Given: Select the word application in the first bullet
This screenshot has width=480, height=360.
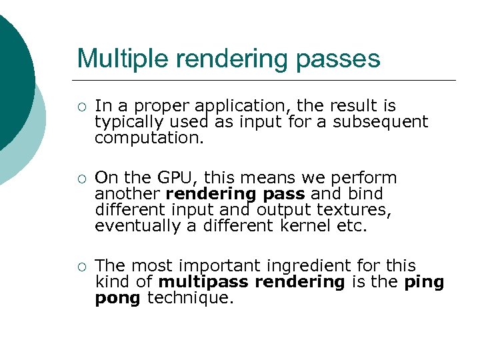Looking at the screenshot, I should (x=241, y=106).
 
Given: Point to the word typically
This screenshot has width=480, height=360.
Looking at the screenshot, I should (x=127, y=122).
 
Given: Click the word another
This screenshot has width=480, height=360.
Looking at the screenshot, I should (x=127, y=194).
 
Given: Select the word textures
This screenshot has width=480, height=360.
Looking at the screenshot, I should (x=359, y=210).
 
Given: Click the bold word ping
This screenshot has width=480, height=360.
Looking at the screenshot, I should (x=424, y=282).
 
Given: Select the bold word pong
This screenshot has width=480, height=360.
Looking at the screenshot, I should (x=117, y=298).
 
